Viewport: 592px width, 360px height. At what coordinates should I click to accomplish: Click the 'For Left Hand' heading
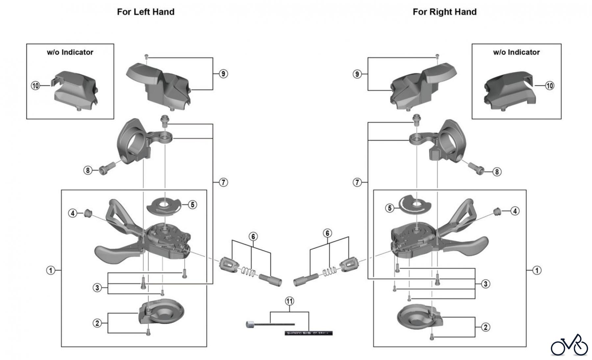click(146, 12)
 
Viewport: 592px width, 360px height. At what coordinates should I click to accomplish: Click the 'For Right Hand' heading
click(444, 12)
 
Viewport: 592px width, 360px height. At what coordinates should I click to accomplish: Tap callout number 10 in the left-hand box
click(35, 86)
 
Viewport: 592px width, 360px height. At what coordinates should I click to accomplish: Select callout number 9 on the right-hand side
click(358, 74)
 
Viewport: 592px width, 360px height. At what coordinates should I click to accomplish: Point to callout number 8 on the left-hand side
click(87, 170)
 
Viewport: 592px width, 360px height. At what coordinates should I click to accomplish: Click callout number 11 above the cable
click(289, 301)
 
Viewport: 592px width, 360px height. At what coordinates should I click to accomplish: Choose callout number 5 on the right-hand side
click(390, 208)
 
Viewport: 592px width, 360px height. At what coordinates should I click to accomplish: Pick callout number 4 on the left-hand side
click(73, 213)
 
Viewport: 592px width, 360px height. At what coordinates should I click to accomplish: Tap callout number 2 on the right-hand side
click(485, 327)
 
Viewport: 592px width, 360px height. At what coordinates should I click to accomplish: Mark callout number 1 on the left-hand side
click(50, 270)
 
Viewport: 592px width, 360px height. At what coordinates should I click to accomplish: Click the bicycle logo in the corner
click(569, 346)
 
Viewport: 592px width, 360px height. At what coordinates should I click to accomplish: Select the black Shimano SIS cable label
click(308, 333)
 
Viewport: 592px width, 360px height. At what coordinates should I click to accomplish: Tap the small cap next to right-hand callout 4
click(498, 211)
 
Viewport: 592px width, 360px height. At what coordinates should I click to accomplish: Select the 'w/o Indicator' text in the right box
click(516, 52)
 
